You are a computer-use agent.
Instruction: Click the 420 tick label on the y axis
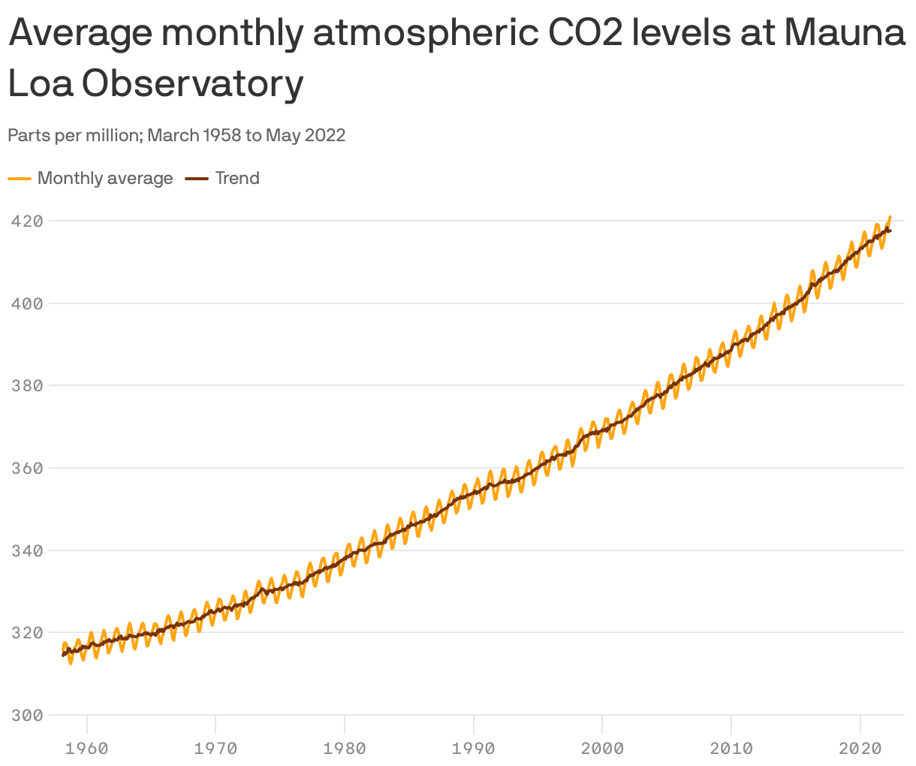(x=26, y=221)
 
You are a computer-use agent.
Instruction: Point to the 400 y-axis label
(x=26, y=303)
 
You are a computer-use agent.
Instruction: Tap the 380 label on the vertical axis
(x=26, y=385)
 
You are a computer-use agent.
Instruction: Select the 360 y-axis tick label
(x=26, y=468)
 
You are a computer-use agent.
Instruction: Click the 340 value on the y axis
(x=26, y=550)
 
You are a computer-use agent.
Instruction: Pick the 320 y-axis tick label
(x=26, y=632)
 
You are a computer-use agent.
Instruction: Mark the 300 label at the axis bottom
(x=26, y=715)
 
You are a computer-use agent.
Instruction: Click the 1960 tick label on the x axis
(x=87, y=748)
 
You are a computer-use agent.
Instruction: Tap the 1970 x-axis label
(x=215, y=748)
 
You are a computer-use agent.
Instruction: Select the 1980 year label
(x=345, y=748)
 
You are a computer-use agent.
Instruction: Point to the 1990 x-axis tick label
(x=474, y=748)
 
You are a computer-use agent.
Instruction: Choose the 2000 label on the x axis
(x=602, y=748)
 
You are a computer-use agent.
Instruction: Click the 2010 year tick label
(x=731, y=748)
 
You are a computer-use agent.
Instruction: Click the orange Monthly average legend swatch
(x=20, y=179)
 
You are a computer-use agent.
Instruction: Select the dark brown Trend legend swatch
(x=197, y=179)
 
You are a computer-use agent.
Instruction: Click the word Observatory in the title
(x=192, y=84)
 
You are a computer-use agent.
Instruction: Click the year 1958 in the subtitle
(x=221, y=135)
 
